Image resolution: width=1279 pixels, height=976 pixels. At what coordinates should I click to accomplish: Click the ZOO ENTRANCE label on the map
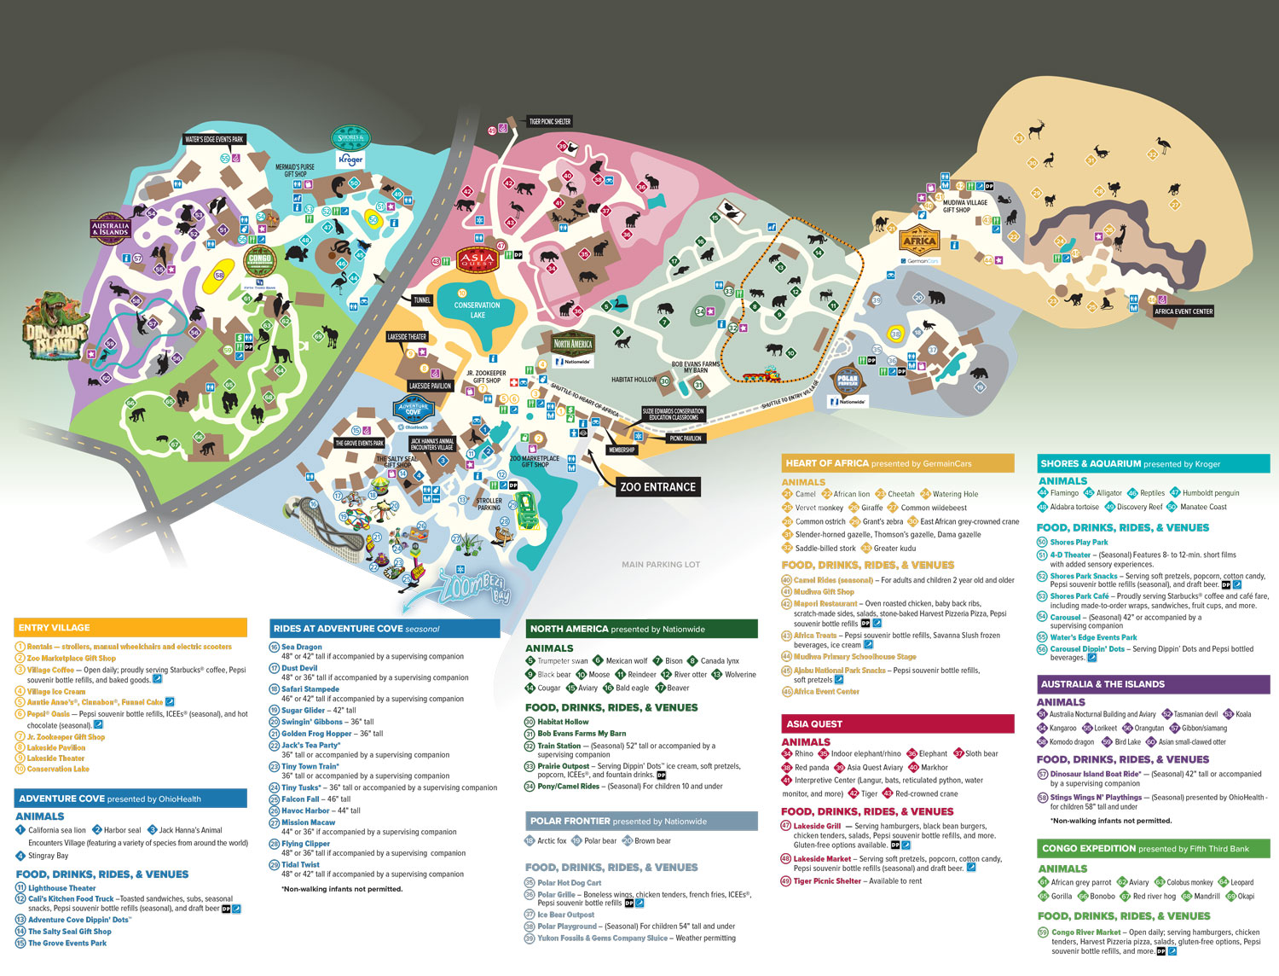pyautogui.click(x=657, y=487)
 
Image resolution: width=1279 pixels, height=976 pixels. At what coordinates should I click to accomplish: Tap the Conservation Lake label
pyautogui.click(x=477, y=310)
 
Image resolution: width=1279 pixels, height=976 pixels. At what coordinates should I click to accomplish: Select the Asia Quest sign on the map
pyautogui.click(x=477, y=259)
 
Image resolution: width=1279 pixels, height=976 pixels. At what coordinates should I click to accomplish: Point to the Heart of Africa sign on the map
pyautogui.click(x=919, y=241)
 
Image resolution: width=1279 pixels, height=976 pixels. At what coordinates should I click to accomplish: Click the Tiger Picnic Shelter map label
pyautogui.click(x=550, y=122)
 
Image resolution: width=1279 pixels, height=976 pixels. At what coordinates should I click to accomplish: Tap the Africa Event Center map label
pyautogui.click(x=1184, y=311)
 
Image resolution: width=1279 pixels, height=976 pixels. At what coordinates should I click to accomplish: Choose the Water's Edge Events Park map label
pyautogui.click(x=214, y=139)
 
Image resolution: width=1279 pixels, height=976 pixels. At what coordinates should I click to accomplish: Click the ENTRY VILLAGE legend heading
pyautogui.click(x=55, y=628)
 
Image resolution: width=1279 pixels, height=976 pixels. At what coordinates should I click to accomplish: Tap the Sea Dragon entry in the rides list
pyautogui.click(x=302, y=648)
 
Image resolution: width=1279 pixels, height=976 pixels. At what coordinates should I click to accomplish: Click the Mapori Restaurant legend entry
pyautogui.click(x=825, y=603)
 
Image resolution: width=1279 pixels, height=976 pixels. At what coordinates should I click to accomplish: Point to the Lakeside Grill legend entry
pyautogui.click(x=817, y=826)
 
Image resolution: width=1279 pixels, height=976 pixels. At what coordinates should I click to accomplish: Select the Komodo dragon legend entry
pyautogui.click(x=1072, y=742)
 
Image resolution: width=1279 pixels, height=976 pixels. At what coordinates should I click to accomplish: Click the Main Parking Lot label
pyautogui.click(x=661, y=564)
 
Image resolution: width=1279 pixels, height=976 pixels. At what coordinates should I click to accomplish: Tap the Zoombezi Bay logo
pyautogui.click(x=473, y=588)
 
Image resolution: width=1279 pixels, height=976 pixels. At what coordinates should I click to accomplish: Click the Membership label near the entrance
pyautogui.click(x=622, y=450)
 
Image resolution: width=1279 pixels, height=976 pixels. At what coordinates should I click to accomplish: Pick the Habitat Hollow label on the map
pyautogui.click(x=634, y=380)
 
